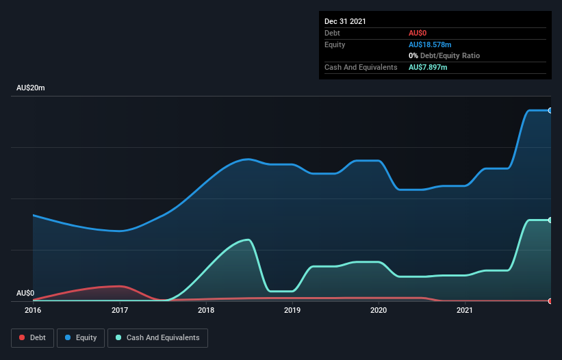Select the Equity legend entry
click(x=80, y=337)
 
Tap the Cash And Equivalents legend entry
click(x=157, y=337)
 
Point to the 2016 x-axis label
click(x=33, y=311)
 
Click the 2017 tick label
click(x=120, y=311)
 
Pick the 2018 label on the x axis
click(x=206, y=311)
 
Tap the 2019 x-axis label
click(x=292, y=311)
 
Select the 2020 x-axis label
click(x=379, y=311)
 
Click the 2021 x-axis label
click(x=465, y=311)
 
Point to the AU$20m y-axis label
click(x=31, y=88)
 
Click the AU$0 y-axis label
click(x=25, y=293)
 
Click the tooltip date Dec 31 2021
click(x=345, y=21)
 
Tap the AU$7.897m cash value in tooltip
click(x=428, y=67)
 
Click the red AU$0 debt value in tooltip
click(x=418, y=33)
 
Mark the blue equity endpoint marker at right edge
click(x=550, y=110)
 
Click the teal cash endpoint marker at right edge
click(x=550, y=220)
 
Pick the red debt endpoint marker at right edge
click(x=550, y=300)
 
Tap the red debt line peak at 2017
click(x=120, y=286)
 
